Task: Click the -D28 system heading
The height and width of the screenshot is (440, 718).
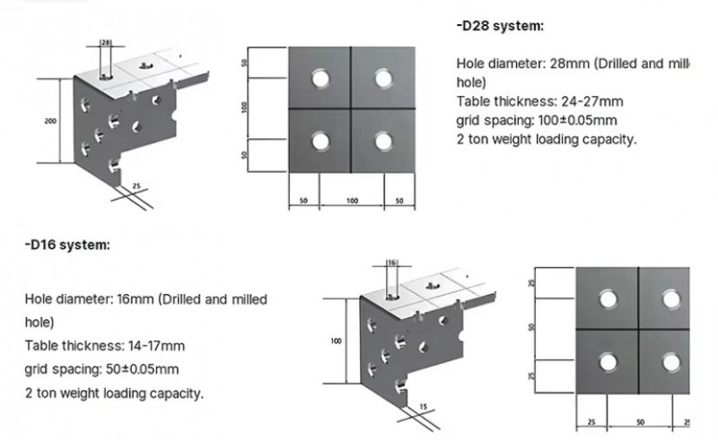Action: click(x=500, y=26)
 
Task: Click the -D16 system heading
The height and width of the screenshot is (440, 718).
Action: click(x=67, y=244)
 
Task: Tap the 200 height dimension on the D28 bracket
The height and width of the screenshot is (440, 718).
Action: click(x=50, y=119)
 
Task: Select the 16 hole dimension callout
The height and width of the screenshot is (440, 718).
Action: click(x=391, y=263)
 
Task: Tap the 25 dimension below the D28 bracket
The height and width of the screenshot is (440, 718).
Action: click(x=136, y=186)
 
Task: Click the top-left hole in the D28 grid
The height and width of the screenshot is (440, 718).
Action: click(x=320, y=78)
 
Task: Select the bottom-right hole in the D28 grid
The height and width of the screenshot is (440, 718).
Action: click(x=383, y=141)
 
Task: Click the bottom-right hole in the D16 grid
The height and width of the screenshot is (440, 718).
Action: click(x=670, y=361)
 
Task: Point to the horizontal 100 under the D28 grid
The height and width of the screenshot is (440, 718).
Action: click(x=352, y=201)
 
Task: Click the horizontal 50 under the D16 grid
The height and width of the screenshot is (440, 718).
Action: click(x=640, y=421)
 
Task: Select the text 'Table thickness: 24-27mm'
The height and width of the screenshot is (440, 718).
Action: click(x=514, y=101)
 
